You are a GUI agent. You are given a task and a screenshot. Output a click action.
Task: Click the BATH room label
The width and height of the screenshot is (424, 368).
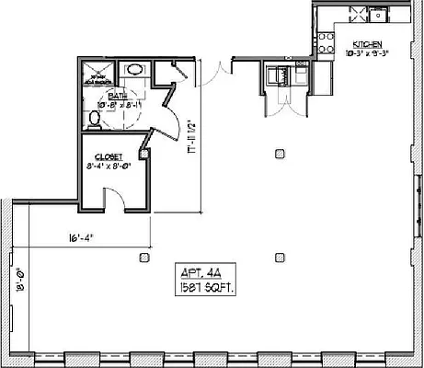[x=118, y=95]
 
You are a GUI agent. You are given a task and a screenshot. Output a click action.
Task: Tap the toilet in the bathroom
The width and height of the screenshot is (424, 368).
[x=94, y=118]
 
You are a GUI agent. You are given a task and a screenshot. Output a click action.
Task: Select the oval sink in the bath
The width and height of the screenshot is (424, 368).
[x=134, y=69]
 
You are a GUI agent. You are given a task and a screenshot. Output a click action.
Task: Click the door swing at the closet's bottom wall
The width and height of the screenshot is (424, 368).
[x=114, y=198]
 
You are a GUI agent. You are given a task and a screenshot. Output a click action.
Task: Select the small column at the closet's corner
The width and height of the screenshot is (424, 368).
[x=143, y=151]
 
